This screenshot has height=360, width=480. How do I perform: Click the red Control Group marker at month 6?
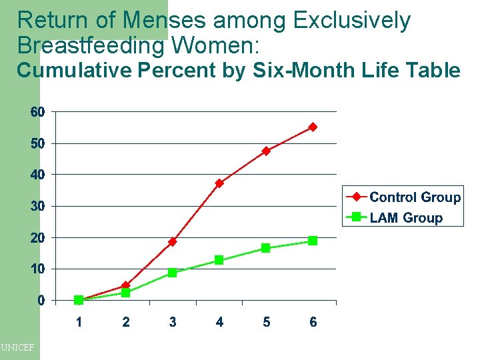pos(313,127)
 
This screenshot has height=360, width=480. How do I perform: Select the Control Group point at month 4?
pos(219,183)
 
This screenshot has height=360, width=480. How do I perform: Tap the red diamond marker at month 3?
pos(173,241)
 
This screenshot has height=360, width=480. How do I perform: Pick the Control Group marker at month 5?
pos(266,151)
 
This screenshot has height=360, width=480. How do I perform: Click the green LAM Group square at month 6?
pos(313,241)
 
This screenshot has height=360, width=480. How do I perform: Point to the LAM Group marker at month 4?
pos(219,260)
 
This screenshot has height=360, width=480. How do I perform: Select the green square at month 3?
pos(173,272)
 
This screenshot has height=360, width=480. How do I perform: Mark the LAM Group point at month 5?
pos(266,248)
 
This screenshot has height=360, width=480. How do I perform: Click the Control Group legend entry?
pos(403,197)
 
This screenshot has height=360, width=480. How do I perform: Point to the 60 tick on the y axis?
pos(38,112)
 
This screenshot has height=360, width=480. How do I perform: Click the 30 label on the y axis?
pos(38,206)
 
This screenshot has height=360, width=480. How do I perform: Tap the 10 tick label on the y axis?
pos(38,269)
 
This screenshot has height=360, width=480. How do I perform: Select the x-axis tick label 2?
pos(126,322)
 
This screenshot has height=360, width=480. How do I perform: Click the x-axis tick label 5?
pos(266,322)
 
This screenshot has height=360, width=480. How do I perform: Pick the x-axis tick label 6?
pos(313,322)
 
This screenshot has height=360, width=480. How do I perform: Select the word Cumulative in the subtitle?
pos(73,70)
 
